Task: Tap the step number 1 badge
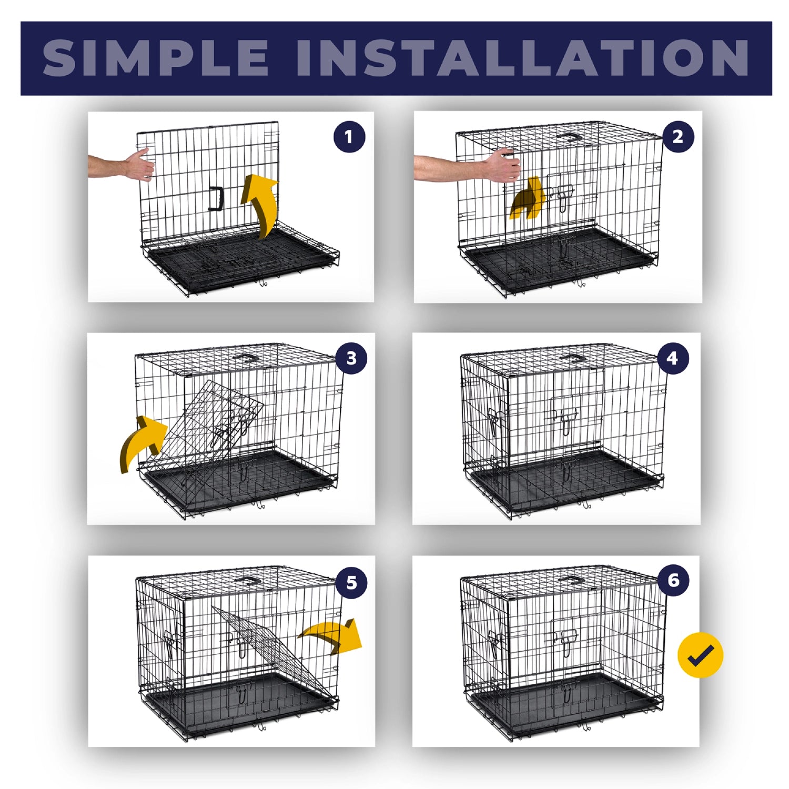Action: (x=349, y=137)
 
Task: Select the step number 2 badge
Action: (x=678, y=137)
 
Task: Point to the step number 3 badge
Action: (x=351, y=358)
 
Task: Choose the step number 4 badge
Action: (x=672, y=358)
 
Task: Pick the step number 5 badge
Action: (x=351, y=582)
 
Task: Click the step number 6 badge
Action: (x=673, y=580)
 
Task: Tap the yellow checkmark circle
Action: (x=700, y=655)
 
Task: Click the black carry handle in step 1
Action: (x=217, y=198)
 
